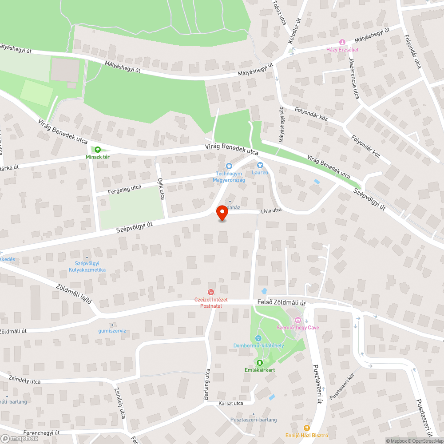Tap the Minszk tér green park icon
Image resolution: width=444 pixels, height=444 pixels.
[98, 150]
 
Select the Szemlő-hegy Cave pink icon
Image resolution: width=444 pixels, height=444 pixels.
[298, 320]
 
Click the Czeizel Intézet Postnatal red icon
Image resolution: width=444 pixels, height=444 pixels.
[211, 293]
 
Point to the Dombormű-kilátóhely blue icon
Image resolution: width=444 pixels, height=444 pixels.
[258, 338]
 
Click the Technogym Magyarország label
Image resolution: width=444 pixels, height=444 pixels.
[230, 177]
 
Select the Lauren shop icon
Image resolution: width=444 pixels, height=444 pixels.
[260, 166]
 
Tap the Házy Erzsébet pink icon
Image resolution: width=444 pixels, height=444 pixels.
[342, 42]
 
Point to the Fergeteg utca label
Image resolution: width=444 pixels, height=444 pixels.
[125, 190]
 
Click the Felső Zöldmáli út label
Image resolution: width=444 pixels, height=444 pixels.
[282, 302]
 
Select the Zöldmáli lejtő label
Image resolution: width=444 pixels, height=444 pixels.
[74, 293]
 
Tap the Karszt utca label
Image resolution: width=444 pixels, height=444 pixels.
[231, 403]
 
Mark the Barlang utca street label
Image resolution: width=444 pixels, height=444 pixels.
[207, 384]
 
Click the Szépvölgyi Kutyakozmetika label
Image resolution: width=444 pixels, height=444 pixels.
[87, 266]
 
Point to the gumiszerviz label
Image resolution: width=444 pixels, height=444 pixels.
[112, 330]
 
